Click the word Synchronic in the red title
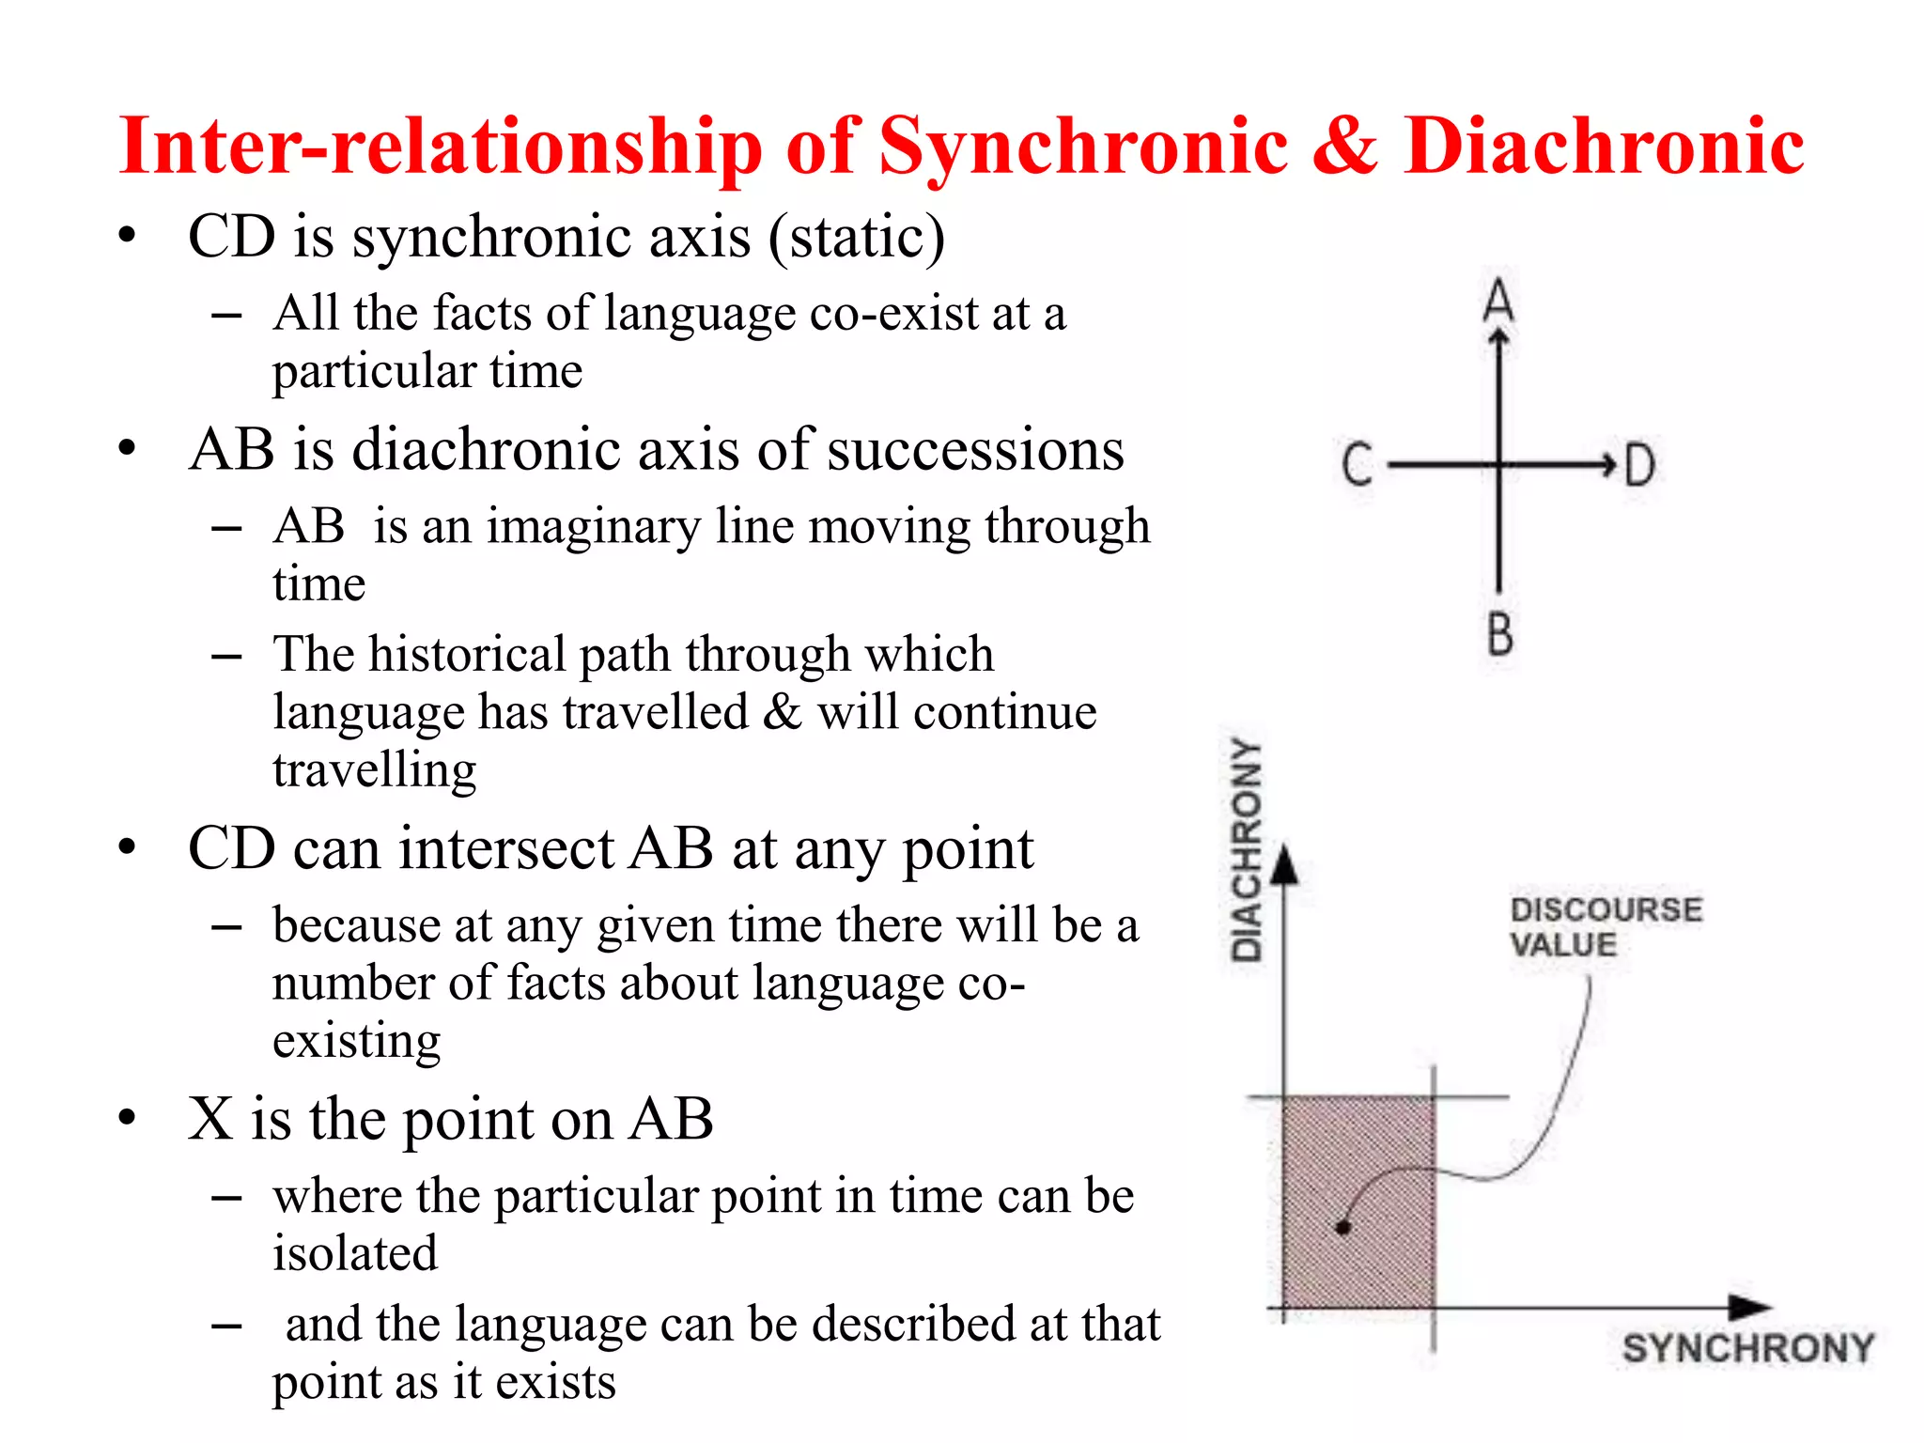[x=1082, y=148]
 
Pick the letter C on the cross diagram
[x=1357, y=465]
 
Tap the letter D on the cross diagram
[x=1639, y=465]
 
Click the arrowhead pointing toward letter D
[x=1607, y=464]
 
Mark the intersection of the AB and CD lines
[x=1499, y=464]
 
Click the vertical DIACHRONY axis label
[x=1247, y=850]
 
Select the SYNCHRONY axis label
[x=1747, y=1348]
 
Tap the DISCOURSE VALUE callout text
[x=1605, y=926]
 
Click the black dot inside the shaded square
[x=1343, y=1227]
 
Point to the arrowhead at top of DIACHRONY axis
[x=1284, y=864]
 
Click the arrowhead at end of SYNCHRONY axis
[x=1749, y=1306]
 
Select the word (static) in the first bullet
[x=856, y=237]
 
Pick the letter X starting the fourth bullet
[x=210, y=1119]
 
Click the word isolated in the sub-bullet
[x=355, y=1253]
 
